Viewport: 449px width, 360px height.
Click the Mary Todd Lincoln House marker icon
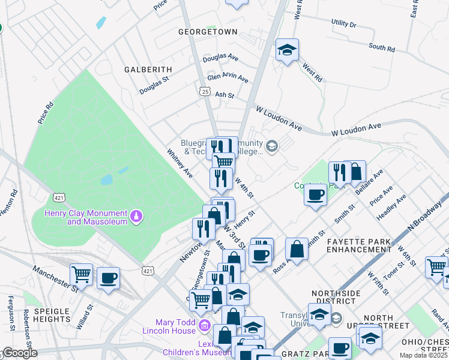point(204,326)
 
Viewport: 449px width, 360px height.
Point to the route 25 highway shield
point(205,91)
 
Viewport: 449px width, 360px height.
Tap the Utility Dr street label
point(343,24)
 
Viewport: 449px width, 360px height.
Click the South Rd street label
point(381,47)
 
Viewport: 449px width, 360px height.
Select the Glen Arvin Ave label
point(228,78)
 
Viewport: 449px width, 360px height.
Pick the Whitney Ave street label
point(179,164)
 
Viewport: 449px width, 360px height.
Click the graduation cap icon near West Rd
point(288,50)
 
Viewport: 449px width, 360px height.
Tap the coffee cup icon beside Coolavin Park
point(315,194)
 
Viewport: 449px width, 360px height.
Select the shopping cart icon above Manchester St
point(81,275)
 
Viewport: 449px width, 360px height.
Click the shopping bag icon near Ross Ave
point(297,248)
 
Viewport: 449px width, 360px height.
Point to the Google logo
point(19,353)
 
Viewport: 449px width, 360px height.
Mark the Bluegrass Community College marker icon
point(271,146)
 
